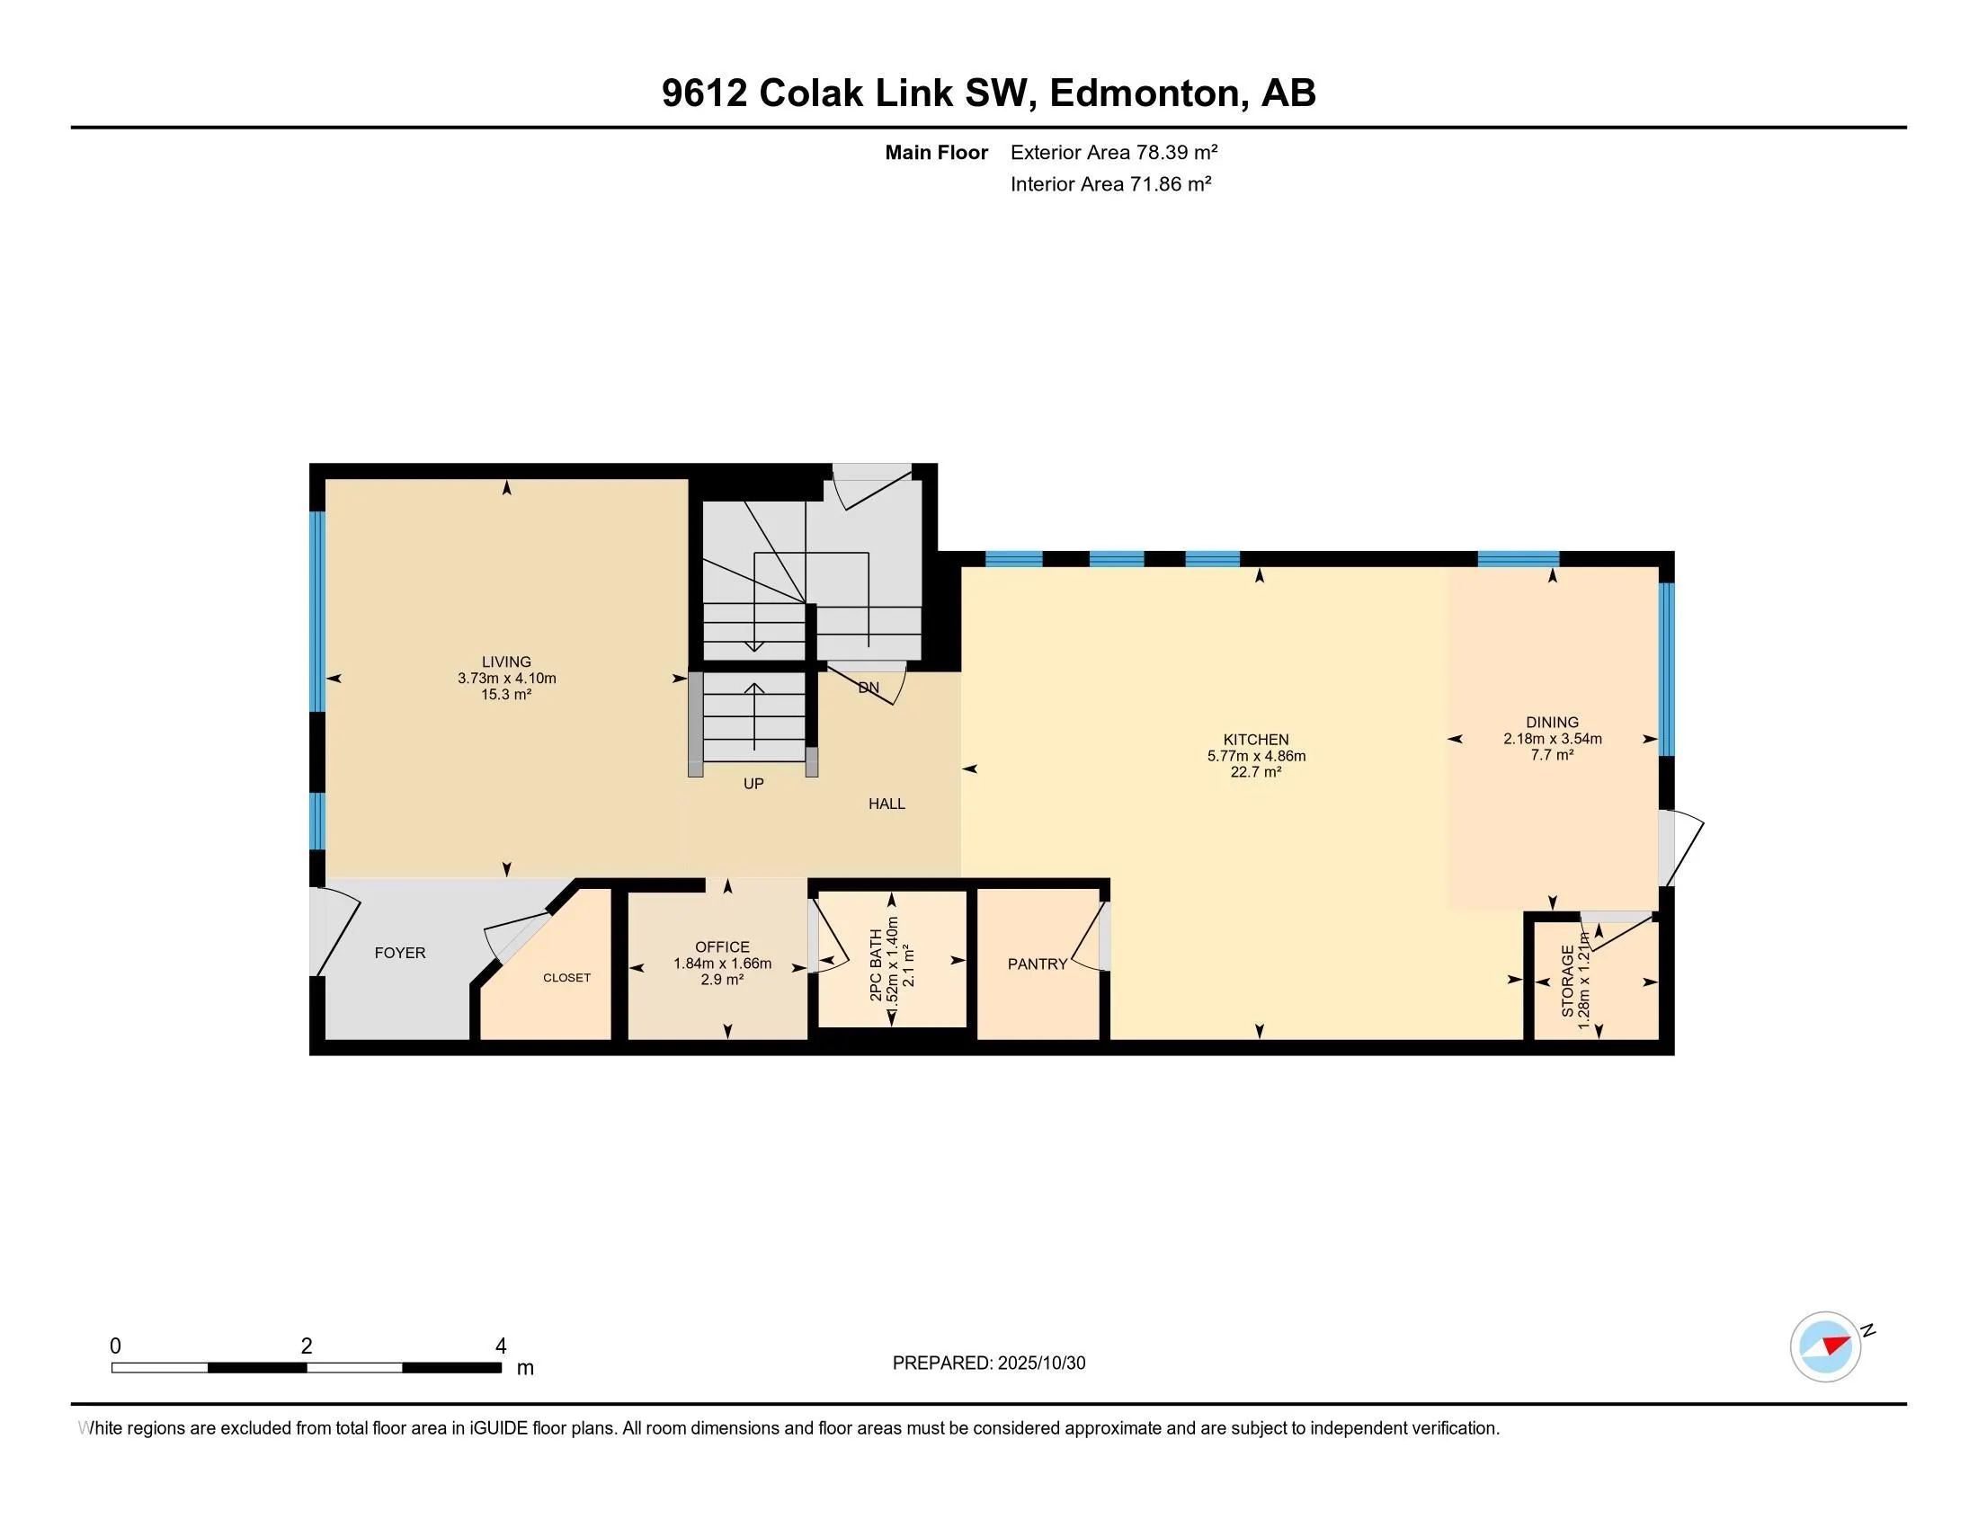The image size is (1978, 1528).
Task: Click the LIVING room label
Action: click(506, 662)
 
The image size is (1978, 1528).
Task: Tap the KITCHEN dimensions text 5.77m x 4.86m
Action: click(1256, 756)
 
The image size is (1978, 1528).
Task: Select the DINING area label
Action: click(1553, 723)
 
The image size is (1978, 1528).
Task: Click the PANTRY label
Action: click(1038, 964)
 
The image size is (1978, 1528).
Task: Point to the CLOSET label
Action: click(567, 978)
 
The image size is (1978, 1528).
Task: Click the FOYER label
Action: click(399, 952)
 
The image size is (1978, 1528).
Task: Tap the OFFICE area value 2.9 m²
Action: click(722, 980)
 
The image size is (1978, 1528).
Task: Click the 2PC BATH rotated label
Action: click(876, 965)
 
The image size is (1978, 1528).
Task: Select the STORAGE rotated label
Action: click(1568, 982)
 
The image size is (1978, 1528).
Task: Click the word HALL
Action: click(887, 804)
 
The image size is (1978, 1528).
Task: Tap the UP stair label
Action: click(753, 784)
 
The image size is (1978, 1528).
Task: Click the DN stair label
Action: click(869, 688)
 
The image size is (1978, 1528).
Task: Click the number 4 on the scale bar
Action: click(501, 1346)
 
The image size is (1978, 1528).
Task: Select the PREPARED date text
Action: click(988, 1364)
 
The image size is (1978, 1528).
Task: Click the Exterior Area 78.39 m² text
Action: click(1113, 152)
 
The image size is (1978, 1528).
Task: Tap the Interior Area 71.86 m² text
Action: click(1110, 183)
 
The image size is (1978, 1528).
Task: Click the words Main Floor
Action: click(936, 152)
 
